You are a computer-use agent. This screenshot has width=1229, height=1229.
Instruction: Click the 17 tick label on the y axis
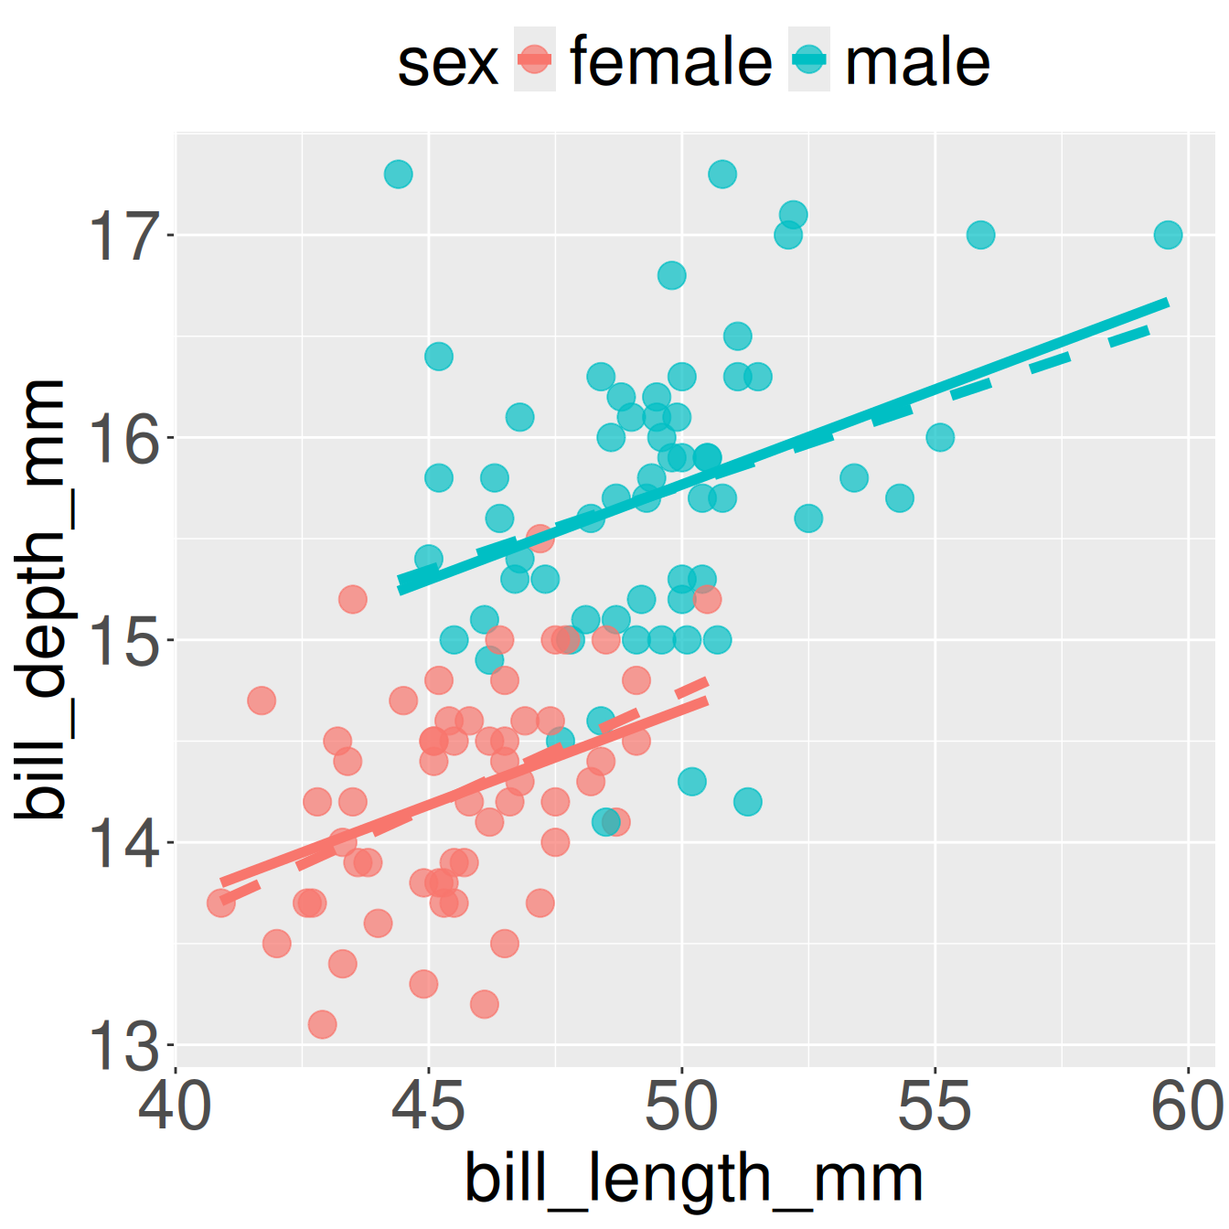point(122,236)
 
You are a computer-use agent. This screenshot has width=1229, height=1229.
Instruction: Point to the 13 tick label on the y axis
point(122,1045)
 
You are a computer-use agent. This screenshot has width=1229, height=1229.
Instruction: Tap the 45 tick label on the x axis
point(428,1106)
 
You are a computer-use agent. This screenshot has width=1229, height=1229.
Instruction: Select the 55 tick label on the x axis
point(935,1106)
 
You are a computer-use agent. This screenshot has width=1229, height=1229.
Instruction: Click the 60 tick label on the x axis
point(1187,1106)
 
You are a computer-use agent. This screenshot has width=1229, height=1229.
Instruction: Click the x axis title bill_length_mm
point(693,1178)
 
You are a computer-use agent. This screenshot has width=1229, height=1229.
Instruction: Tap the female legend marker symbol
point(535,60)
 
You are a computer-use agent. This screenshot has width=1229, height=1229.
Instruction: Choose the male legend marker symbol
point(809,60)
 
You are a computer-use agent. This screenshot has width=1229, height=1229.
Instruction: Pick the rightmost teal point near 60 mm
point(1168,235)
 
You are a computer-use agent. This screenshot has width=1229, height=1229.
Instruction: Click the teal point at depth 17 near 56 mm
point(980,235)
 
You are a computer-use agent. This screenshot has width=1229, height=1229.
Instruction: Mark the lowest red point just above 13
point(322,1024)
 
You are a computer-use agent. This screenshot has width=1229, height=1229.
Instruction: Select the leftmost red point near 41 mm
point(220,903)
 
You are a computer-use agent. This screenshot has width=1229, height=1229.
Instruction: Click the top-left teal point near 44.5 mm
point(398,174)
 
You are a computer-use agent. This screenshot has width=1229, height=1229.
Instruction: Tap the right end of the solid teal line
point(1167,302)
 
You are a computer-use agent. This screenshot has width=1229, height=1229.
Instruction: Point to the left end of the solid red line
point(222,883)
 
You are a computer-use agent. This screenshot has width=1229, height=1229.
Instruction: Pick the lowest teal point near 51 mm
point(747,802)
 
